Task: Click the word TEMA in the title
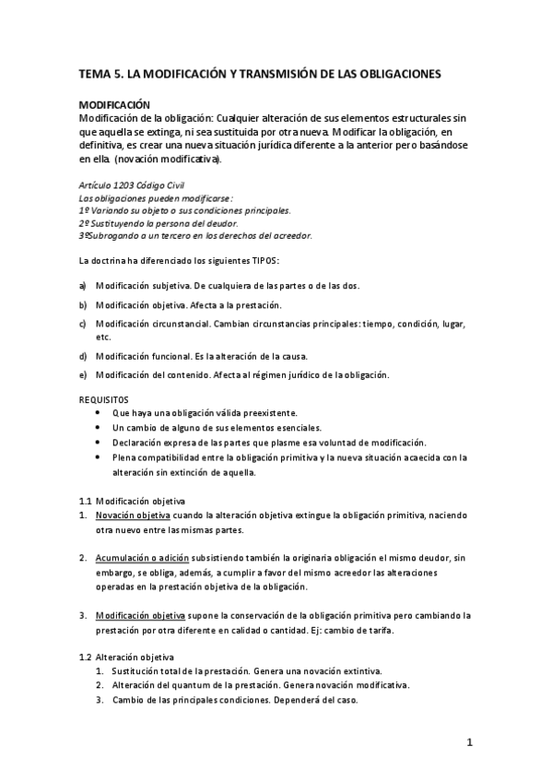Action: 93,72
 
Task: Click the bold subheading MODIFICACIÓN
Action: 114,107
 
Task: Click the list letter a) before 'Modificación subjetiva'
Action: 83,286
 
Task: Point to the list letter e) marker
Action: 83,374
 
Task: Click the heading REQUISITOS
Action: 104,400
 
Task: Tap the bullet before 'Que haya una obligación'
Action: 99,413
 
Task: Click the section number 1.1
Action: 86,501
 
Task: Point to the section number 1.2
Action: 86,656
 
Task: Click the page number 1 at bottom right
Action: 469,742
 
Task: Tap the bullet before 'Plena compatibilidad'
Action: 99,457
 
